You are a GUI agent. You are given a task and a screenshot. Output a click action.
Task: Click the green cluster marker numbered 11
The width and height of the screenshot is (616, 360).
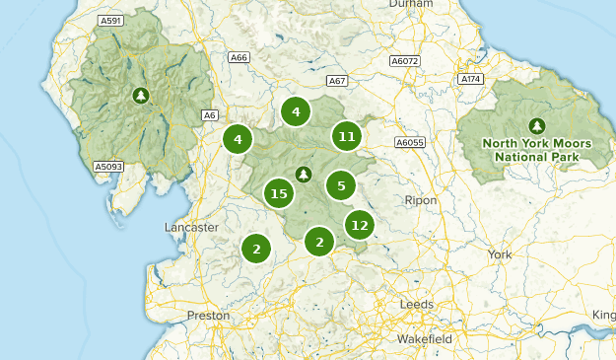(345, 136)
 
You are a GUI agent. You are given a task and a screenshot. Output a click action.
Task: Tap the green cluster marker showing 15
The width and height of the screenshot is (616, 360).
(279, 193)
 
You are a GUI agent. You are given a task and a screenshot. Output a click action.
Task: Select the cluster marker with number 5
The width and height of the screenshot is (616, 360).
(340, 184)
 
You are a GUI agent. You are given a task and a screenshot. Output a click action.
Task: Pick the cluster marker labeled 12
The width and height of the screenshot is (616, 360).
(359, 226)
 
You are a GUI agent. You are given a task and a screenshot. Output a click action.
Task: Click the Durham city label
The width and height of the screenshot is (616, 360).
(410, 5)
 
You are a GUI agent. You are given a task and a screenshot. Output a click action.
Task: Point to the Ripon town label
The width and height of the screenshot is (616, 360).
(420, 200)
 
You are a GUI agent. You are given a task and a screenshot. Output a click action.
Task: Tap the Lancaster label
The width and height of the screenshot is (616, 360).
(191, 227)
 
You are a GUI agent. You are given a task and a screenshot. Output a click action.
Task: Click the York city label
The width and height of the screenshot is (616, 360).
(500, 253)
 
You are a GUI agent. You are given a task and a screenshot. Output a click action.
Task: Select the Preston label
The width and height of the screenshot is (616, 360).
(208, 316)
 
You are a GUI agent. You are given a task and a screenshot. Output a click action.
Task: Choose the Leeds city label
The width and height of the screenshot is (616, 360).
(416, 305)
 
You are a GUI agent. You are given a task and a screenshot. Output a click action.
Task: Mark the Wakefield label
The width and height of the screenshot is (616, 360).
(425, 339)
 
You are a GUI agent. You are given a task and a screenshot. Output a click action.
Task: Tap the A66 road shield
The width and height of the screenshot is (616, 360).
(238, 58)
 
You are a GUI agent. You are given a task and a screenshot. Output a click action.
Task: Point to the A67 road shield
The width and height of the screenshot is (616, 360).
(338, 81)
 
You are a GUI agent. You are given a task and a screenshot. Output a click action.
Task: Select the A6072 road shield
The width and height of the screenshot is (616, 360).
(404, 61)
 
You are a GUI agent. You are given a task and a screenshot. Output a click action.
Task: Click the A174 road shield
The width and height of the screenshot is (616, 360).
(470, 78)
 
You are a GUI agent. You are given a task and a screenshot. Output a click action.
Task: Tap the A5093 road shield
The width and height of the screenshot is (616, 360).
(108, 167)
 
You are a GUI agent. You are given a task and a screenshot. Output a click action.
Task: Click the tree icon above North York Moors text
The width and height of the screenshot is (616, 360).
(536, 125)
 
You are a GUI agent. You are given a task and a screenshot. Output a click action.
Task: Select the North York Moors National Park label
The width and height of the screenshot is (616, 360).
(536, 150)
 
